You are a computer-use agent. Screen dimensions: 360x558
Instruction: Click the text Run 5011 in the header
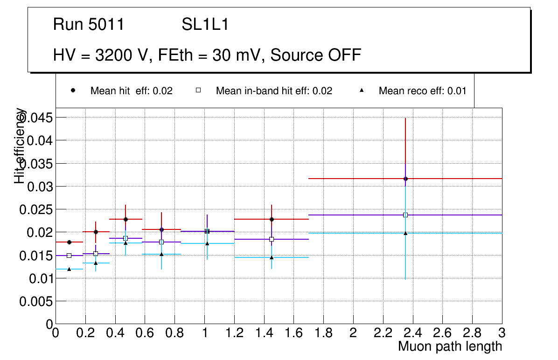coord(89,24)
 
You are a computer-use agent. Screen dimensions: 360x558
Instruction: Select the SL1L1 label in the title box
coord(205,24)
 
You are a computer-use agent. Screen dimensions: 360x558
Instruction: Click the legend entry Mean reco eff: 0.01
coord(422,91)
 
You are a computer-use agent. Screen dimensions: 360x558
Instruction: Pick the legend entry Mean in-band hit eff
coord(274,91)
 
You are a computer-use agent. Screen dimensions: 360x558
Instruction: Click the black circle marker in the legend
coord(73,90)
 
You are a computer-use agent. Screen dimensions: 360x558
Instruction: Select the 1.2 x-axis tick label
coord(234,333)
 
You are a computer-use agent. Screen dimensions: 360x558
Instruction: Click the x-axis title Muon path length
coord(450,346)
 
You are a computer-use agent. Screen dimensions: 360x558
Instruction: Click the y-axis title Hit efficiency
coord(20,145)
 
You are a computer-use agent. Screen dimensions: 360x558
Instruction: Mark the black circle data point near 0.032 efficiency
coord(405,179)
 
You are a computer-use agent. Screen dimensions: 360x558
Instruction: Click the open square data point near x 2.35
coord(405,215)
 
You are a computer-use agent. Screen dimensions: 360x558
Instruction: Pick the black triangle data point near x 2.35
coord(405,233)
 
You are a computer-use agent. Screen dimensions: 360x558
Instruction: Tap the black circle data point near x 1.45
coord(272,219)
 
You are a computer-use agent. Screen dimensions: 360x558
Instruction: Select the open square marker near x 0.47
coord(126,238)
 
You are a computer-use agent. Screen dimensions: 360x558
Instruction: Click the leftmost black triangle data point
coord(69,269)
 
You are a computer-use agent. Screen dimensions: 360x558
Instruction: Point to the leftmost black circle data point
coord(69,242)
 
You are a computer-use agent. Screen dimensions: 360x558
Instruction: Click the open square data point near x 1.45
coord(272,239)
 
